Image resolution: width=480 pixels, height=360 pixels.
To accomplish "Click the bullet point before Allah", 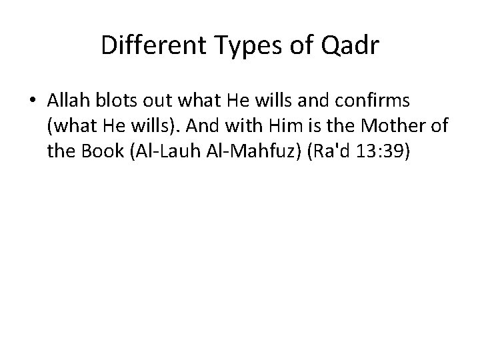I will (32, 101).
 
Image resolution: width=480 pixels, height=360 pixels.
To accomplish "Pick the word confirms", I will (379, 101).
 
